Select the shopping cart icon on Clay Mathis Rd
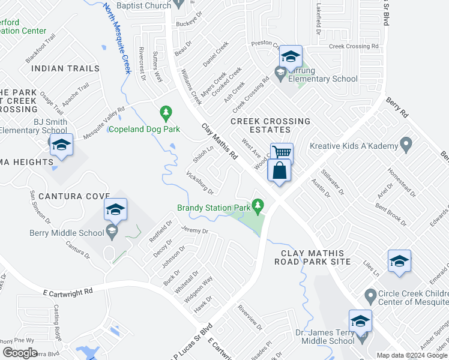(x=281, y=153)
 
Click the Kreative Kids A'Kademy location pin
(x=406, y=145)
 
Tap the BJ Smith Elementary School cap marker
(x=61, y=146)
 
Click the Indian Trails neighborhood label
(x=65, y=68)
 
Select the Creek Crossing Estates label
(x=270, y=125)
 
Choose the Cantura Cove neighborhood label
(x=74, y=196)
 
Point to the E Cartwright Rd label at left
(x=68, y=292)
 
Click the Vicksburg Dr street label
(x=200, y=183)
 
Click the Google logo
(x=20, y=353)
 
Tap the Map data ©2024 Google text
(x=411, y=355)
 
